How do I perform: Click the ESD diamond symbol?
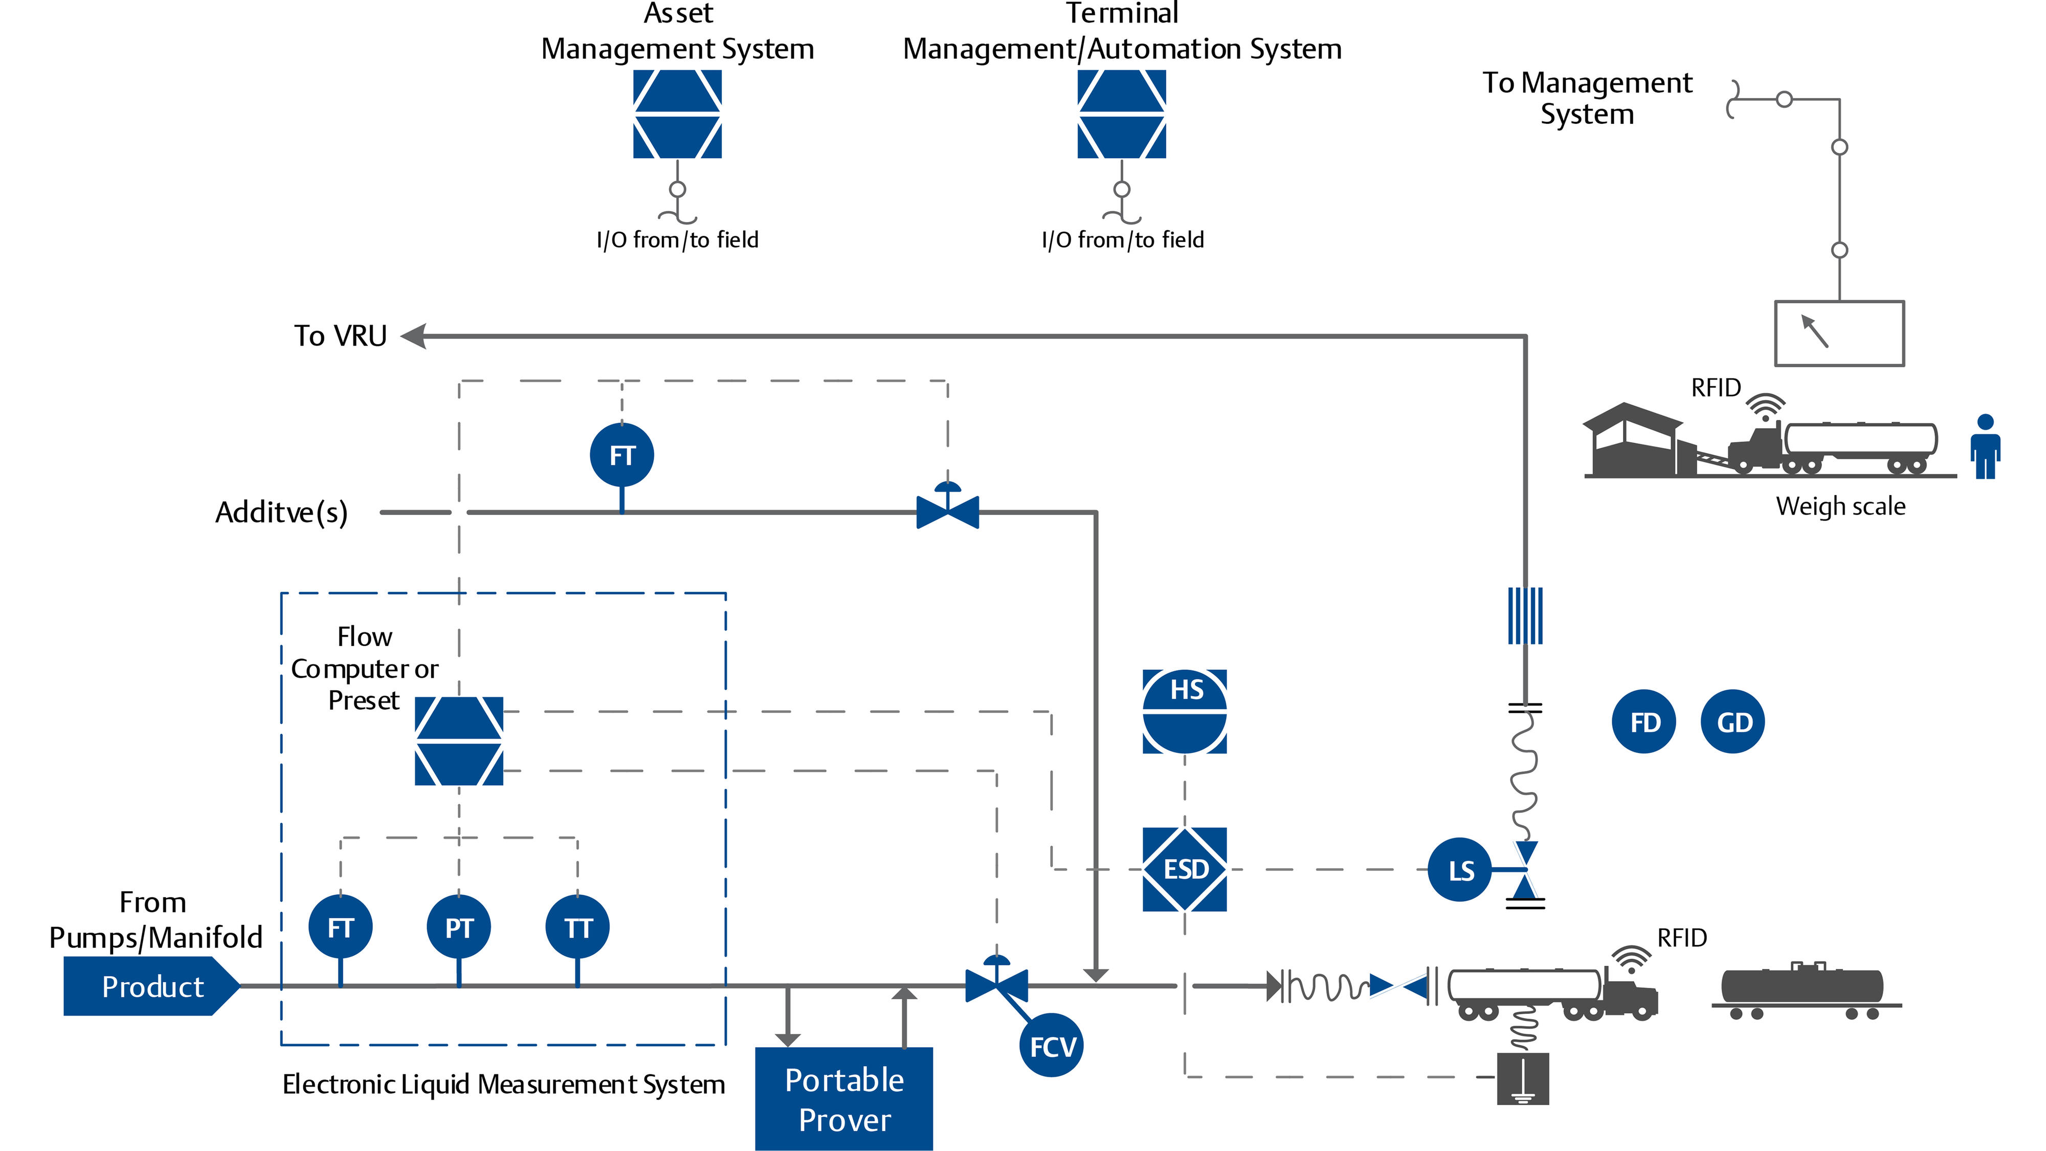click(x=1184, y=869)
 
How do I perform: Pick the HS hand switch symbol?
click(x=1184, y=711)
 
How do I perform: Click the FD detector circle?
click(x=1643, y=722)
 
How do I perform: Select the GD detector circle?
click(x=1732, y=722)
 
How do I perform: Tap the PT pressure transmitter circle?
click(x=458, y=926)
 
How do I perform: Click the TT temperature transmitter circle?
click(x=577, y=926)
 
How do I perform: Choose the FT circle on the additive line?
click(x=622, y=455)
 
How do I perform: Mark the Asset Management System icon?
click(x=678, y=115)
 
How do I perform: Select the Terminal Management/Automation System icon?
click(x=1122, y=115)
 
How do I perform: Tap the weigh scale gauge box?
click(x=1839, y=334)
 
